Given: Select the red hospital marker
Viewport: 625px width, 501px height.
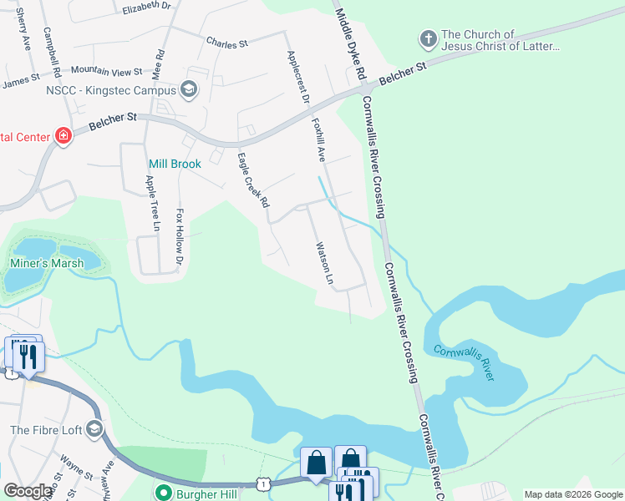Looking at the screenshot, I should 63,135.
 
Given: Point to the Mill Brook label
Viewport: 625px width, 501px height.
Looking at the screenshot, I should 175,164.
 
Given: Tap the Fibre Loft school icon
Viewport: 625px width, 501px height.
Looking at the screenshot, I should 94,430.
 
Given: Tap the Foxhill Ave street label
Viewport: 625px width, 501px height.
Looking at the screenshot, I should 318,139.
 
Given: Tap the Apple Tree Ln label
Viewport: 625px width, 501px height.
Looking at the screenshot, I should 153,202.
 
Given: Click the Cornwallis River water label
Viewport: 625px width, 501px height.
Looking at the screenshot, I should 464,363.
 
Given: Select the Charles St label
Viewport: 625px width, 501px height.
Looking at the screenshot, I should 226,42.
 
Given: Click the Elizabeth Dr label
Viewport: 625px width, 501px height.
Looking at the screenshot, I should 145,7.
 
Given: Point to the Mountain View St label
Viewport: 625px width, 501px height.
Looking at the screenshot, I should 107,72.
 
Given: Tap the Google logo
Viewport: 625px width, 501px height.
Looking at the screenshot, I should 28,491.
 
